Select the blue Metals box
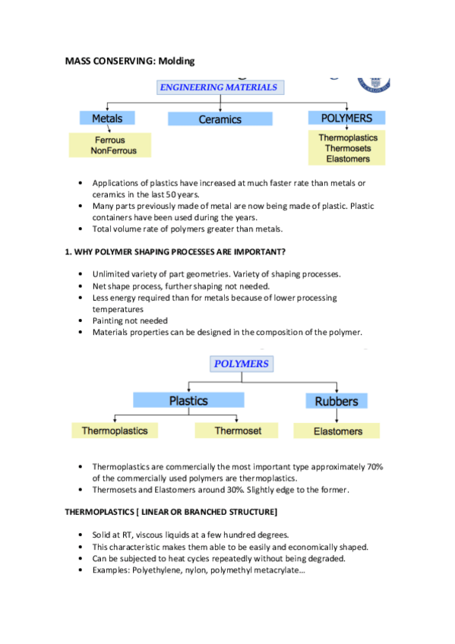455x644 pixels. [107, 118]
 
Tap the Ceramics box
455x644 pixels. [220, 119]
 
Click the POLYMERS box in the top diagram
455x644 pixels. [346, 118]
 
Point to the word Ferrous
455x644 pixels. [110, 140]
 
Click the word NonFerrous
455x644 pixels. [114, 150]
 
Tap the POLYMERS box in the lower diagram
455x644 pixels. [241, 364]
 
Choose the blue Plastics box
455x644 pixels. [188, 400]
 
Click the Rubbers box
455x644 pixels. [336, 401]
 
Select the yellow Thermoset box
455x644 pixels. [237, 431]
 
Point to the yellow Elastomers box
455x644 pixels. [338, 431]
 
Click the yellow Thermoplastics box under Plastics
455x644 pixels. [115, 431]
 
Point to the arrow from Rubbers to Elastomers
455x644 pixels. [337, 416]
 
